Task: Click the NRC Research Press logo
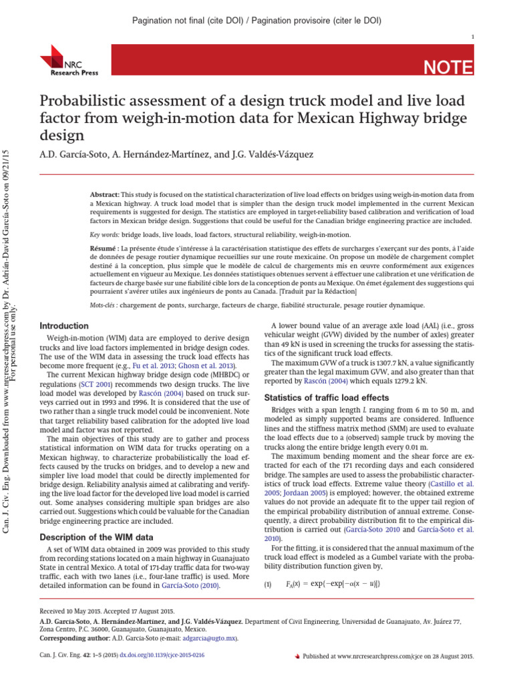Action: [x=61, y=59]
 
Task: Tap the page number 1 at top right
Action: [x=473, y=36]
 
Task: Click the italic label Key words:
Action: [x=104, y=236]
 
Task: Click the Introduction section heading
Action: [x=64, y=326]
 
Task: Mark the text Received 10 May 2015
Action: [x=74, y=611]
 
